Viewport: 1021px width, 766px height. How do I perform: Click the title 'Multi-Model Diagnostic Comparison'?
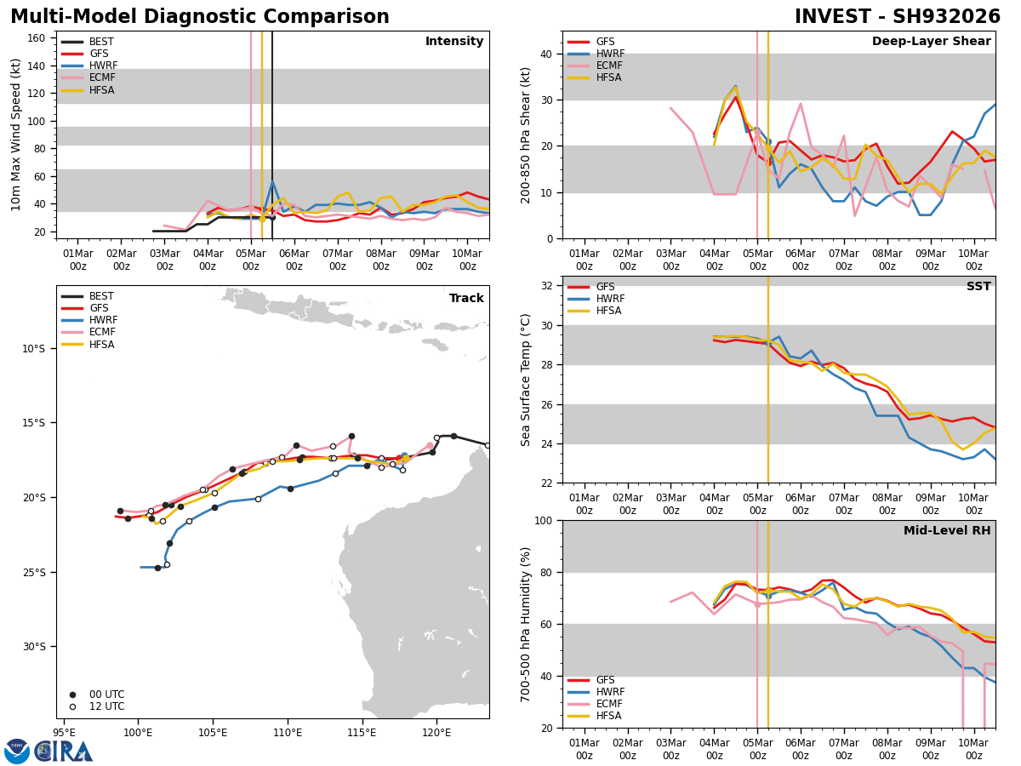(200, 17)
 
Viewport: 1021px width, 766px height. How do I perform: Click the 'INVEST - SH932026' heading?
(898, 17)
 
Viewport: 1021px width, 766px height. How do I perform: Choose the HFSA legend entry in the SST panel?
(605, 312)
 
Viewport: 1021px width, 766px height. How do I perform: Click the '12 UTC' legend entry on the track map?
(106, 706)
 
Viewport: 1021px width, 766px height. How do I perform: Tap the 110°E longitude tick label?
(288, 731)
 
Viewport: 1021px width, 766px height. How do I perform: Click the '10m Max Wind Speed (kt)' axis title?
(16, 134)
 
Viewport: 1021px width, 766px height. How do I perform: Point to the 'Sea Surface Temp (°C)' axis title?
(526, 380)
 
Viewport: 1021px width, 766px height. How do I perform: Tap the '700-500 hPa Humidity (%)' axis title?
(526, 624)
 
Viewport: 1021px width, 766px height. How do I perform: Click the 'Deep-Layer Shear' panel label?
(931, 42)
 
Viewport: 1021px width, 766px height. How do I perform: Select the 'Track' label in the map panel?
(466, 299)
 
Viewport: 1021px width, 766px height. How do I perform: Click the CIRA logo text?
(64, 752)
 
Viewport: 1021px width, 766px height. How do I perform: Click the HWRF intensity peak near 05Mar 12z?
(272, 181)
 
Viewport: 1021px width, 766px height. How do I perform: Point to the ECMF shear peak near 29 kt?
(801, 104)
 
